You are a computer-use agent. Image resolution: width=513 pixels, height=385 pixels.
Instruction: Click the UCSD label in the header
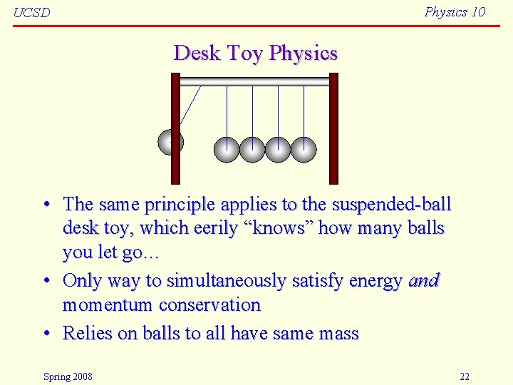tap(32, 13)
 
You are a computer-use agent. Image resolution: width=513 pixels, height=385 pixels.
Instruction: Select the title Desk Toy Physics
tap(255, 53)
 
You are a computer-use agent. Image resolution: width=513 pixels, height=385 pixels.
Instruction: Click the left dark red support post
tap(175, 128)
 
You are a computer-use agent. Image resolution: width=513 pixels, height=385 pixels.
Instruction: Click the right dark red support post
tap(333, 128)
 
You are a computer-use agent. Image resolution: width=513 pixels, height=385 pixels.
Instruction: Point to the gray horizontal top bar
tap(254, 81)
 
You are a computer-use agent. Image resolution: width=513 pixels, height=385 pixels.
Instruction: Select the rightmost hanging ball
tap(304, 149)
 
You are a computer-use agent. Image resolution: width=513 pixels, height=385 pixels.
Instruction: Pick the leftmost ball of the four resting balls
tap(227, 149)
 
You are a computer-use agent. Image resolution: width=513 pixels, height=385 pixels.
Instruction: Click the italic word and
tap(423, 281)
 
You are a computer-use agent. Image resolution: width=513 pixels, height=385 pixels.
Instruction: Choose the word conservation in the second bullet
tap(209, 305)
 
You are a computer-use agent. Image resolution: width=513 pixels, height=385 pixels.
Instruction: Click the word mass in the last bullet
tap(338, 334)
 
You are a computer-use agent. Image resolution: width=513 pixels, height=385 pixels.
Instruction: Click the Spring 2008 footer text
tap(68, 376)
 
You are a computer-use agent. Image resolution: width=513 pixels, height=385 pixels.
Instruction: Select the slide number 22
tap(465, 376)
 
